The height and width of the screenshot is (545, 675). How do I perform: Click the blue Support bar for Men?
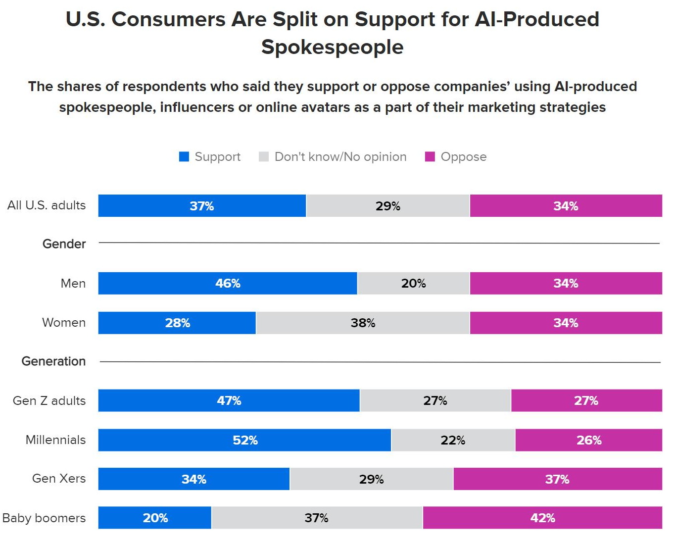click(228, 283)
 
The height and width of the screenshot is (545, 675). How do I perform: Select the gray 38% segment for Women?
click(363, 323)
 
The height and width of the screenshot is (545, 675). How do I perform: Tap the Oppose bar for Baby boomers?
click(542, 518)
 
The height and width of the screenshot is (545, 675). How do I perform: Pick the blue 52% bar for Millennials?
click(244, 440)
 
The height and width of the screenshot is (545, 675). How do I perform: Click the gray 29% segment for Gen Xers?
click(371, 479)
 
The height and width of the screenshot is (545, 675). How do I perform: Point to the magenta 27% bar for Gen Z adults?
click(586, 400)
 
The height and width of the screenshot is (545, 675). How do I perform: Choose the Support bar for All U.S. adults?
click(202, 206)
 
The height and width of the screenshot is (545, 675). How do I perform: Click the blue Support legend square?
click(184, 157)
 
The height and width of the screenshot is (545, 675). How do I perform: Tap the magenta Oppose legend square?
click(430, 157)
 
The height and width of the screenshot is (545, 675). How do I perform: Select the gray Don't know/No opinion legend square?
click(264, 157)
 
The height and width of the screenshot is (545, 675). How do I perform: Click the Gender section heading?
click(64, 244)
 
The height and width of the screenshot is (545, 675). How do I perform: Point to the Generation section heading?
click(53, 361)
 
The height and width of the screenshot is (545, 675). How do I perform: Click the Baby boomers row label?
click(44, 518)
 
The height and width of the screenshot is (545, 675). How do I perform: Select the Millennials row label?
click(55, 440)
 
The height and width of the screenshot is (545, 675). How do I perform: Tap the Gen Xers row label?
click(59, 479)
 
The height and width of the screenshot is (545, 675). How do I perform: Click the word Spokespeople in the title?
click(332, 47)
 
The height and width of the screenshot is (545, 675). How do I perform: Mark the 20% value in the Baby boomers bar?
click(155, 518)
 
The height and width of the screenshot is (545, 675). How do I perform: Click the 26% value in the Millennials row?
click(589, 440)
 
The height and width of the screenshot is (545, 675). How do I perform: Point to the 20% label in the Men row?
click(413, 283)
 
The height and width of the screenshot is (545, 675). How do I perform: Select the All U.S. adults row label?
click(47, 205)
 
